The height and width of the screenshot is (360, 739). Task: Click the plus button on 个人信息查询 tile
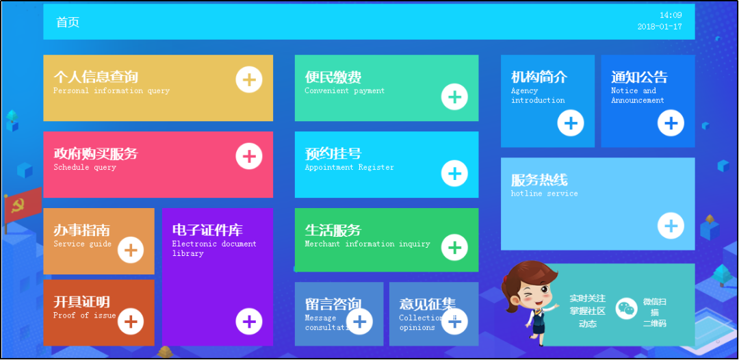coord(249,79)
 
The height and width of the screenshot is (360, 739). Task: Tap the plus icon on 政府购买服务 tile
coord(249,156)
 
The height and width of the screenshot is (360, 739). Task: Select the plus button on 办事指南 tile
coord(131,250)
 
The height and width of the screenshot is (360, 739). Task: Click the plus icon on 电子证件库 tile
coord(249,321)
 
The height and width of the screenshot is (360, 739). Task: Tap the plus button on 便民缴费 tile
coord(454,97)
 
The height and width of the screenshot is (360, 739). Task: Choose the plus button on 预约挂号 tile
coord(454,173)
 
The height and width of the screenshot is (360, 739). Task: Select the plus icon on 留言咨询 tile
coord(360,321)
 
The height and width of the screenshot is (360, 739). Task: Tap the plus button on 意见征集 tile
coord(454,321)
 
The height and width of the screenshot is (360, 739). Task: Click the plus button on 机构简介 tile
coord(571,123)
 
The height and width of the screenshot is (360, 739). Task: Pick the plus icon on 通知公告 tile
coord(671,123)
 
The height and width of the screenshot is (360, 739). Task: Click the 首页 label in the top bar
coord(68,23)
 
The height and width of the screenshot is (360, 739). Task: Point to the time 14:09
coord(671,15)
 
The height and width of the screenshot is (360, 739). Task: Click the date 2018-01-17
coord(660,27)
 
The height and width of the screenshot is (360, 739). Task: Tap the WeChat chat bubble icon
coord(626,309)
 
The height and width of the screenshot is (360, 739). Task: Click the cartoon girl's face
coord(526,291)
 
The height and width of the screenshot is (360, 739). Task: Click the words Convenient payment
coord(345,91)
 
